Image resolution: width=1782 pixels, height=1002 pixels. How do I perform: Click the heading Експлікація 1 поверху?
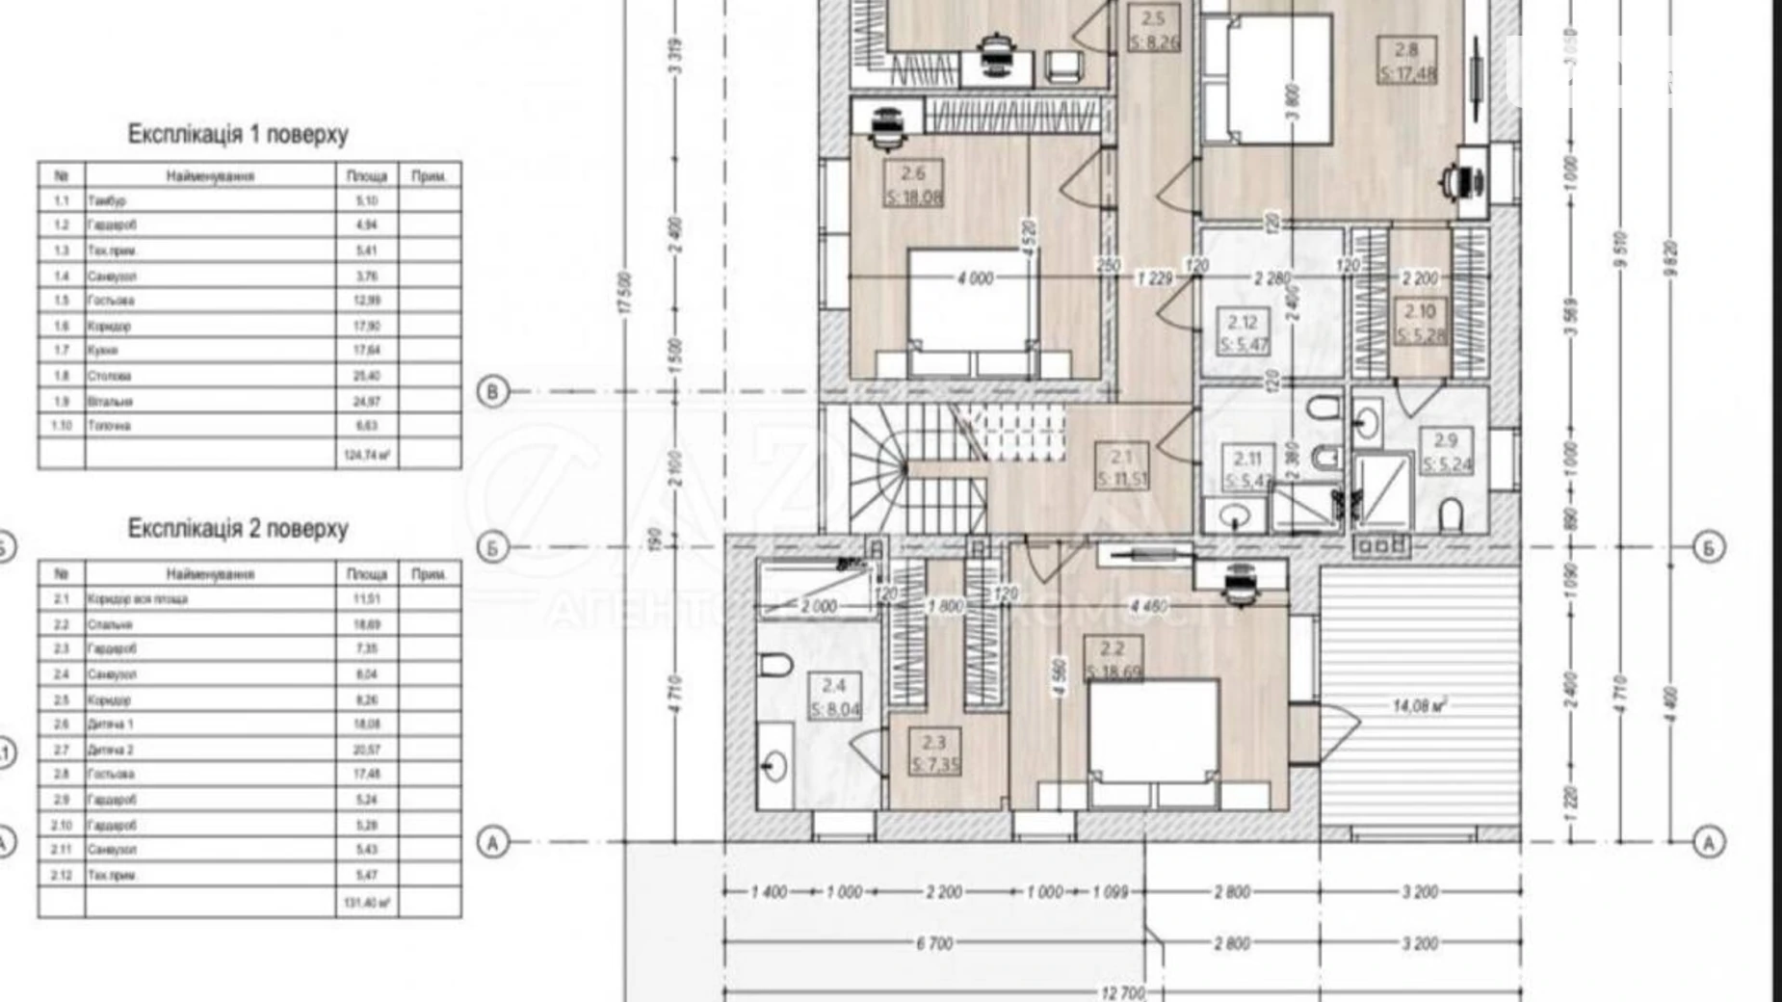[238, 134]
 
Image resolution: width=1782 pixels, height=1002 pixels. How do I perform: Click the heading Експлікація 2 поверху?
[238, 528]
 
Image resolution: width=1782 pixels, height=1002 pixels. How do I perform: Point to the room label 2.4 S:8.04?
[834, 698]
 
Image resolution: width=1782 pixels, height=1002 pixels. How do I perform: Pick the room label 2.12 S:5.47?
[1243, 332]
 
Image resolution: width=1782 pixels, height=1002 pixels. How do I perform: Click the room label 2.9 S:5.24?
[1446, 452]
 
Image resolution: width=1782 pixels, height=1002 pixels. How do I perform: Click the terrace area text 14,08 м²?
[1420, 706]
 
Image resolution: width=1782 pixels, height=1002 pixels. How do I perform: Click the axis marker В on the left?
[493, 392]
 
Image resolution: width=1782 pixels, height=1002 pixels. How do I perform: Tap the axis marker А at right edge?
[1709, 842]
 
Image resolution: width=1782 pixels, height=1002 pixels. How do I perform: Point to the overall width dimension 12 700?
[1122, 992]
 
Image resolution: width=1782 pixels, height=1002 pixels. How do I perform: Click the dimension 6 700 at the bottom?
[934, 943]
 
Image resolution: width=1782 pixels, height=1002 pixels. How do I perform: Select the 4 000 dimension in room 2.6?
[974, 278]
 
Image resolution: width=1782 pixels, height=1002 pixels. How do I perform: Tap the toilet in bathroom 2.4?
[775, 664]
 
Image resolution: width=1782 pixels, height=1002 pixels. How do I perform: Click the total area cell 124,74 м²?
[366, 455]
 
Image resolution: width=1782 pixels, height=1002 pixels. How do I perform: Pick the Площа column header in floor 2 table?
[366, 574]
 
